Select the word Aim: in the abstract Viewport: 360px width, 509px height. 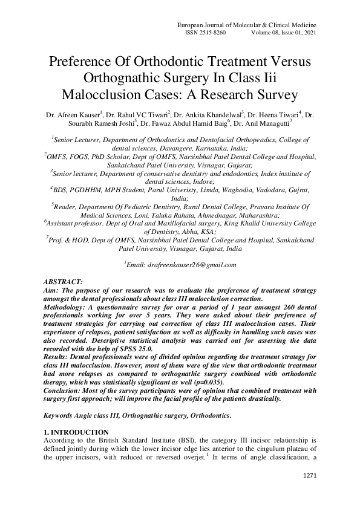[x=52, y=291]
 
